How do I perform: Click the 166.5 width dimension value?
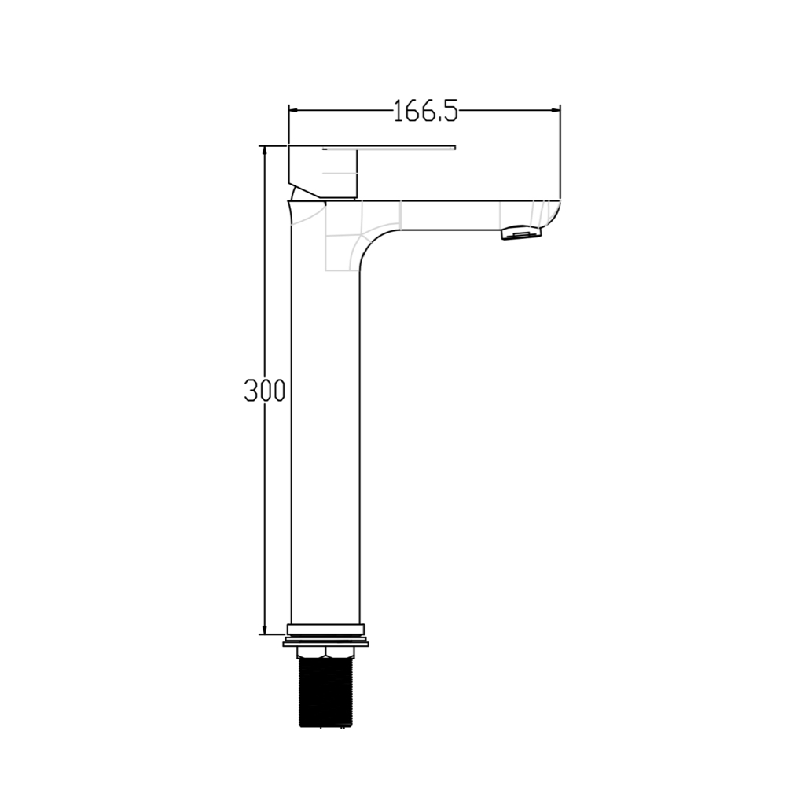coord(425,111)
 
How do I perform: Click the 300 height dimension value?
coord(265,390)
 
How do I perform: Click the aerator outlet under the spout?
coord(522,233)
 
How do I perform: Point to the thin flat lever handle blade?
coord(389,148)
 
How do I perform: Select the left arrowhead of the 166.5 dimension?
coord(294,110)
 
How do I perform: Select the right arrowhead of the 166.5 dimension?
coord(556,110)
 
